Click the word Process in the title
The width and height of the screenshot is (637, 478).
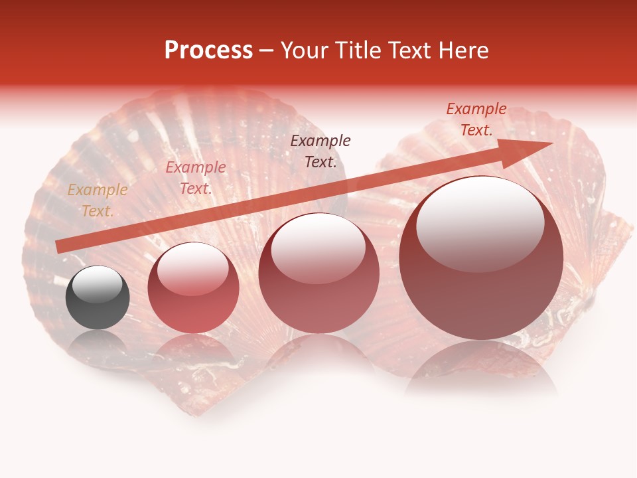[x=208, y=50]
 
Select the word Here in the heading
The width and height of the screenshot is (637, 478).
[x=462, y=50]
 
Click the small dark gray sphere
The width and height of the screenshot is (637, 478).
[x=98, y=297]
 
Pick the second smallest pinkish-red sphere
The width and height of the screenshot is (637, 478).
[x=193, y=287]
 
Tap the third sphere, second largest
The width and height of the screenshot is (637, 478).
[x=318, y=273]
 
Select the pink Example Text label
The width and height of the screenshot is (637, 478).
[x=196, y=178]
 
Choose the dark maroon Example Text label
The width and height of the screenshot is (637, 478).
[x=320, y=151]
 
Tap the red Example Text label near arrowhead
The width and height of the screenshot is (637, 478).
[x=476, y=119]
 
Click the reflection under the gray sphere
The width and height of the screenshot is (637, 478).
[x=98, y=342]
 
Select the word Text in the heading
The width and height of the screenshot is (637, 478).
[x=409, y=50]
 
